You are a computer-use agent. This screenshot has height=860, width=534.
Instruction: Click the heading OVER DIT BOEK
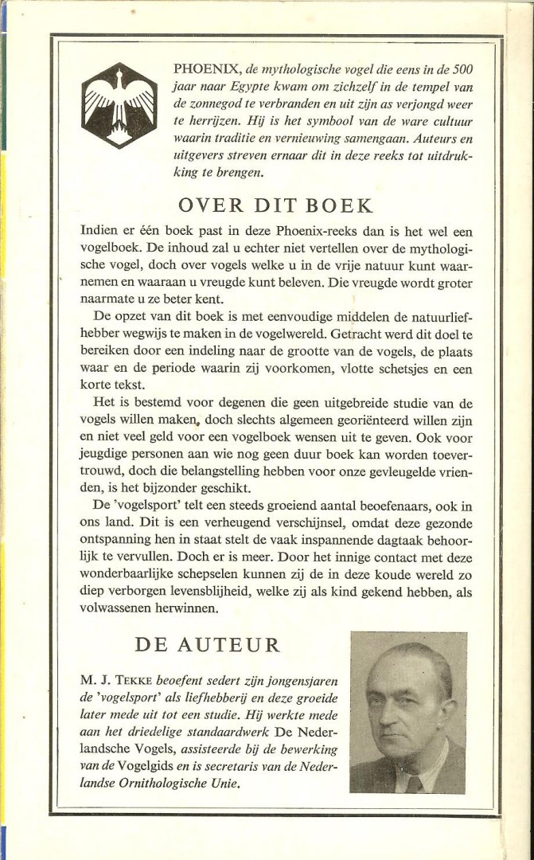pos(275,205)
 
